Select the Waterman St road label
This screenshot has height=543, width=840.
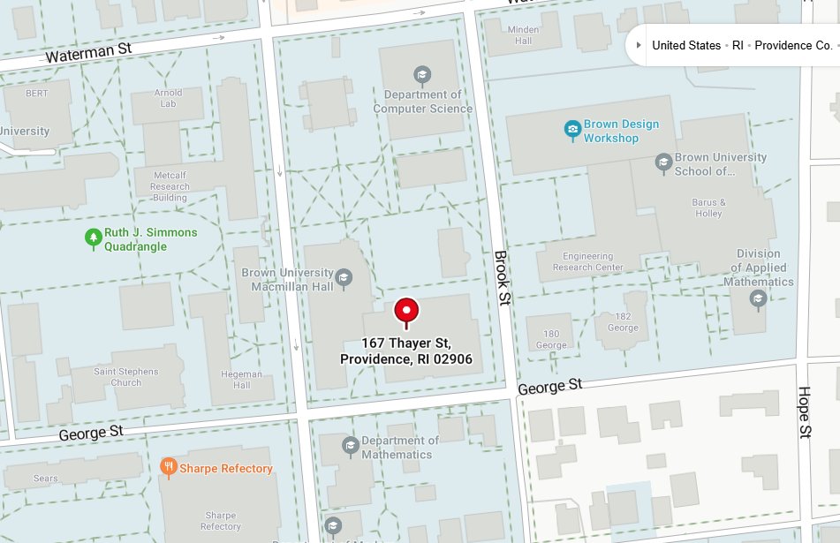point(88,53)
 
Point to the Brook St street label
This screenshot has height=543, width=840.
point(502,278)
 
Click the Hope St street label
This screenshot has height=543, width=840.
point(804,412)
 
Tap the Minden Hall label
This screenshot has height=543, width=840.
point(523,34)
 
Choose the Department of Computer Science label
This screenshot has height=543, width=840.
point(422,102)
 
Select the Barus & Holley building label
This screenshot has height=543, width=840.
point(708,207)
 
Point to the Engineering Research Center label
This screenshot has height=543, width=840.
point(587,261)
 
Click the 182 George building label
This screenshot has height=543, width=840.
point(623,321)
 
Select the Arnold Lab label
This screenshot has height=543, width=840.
point(168,98)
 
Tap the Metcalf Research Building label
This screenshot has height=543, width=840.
point(170,186)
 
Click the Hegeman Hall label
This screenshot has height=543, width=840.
point(242,379)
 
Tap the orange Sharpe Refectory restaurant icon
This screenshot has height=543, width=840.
point(168,468)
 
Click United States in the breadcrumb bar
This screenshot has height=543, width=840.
point(685,45)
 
